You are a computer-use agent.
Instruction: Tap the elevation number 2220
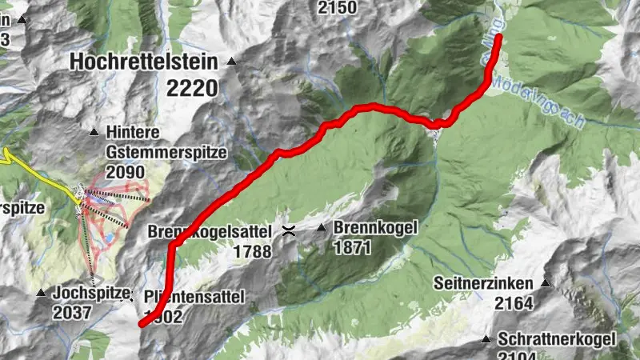point(192,87)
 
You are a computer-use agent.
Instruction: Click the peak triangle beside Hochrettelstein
point(231,61)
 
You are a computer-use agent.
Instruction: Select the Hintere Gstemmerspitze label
point(166,142)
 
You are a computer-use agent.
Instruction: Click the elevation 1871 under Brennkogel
point(353,248)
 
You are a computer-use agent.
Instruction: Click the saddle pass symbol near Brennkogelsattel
point(289,231)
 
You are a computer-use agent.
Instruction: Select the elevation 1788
point(254,251)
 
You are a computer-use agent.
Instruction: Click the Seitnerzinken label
point(486,283)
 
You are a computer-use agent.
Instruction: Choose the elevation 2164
point(514,303)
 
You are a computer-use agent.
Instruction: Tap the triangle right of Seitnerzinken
point(546,283)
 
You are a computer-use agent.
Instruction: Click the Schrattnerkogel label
point(557,338)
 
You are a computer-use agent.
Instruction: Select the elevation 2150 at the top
point(337,8)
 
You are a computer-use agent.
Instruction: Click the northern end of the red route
point(498,38)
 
